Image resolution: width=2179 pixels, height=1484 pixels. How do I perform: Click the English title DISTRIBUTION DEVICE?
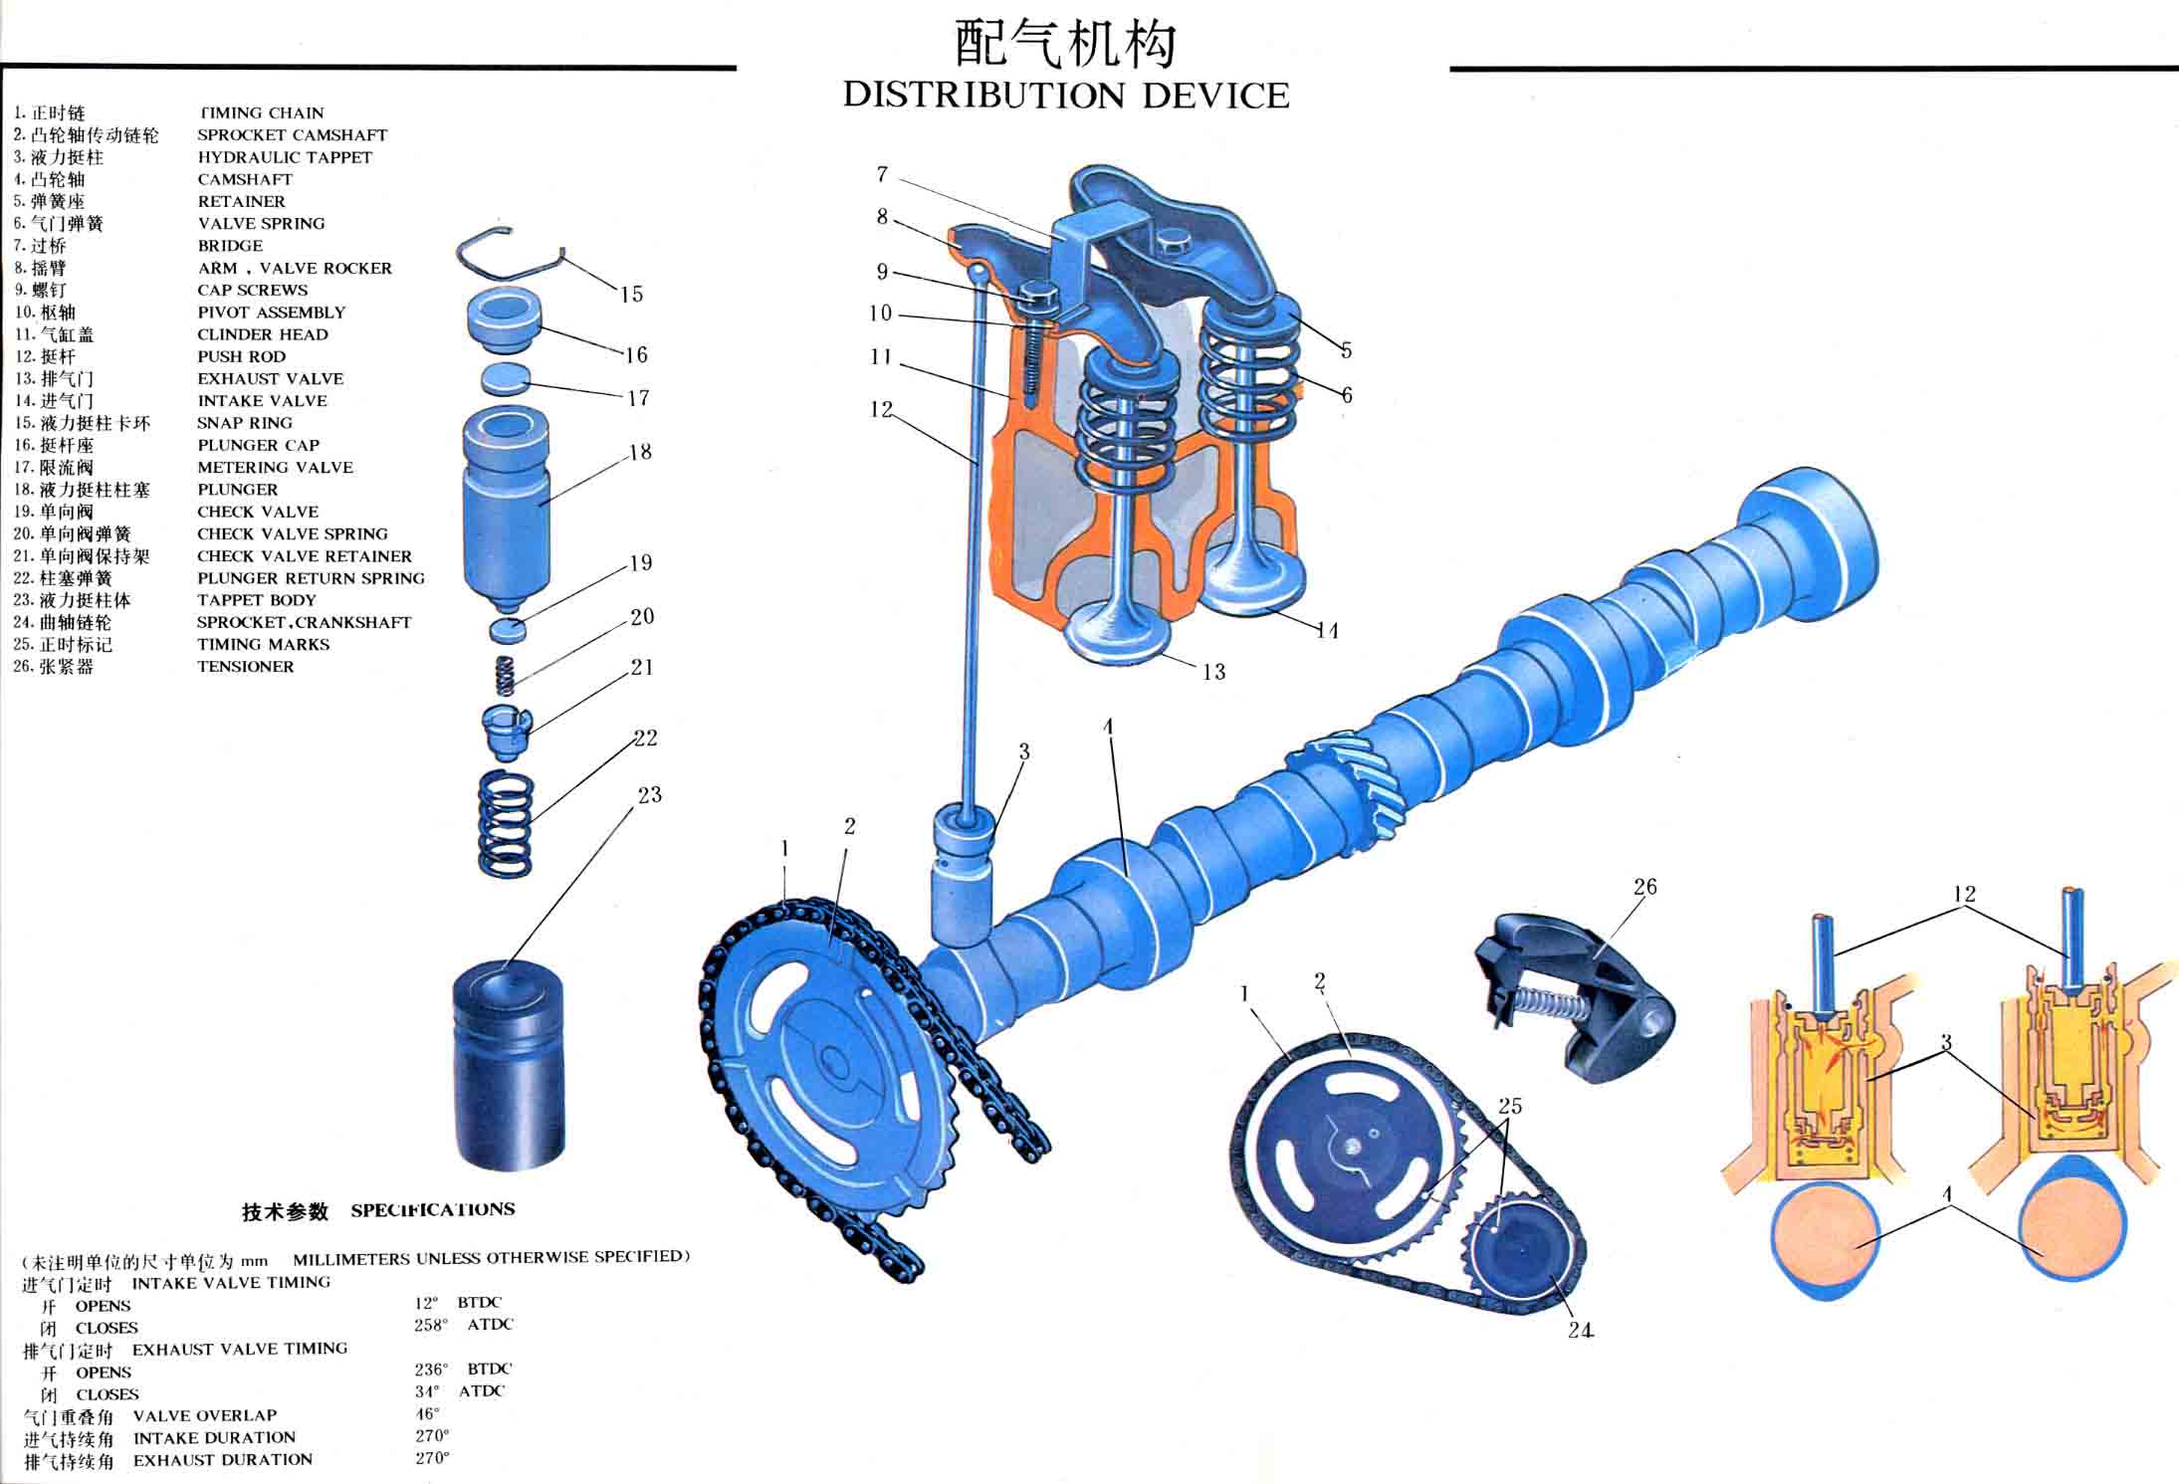click(1065, 96)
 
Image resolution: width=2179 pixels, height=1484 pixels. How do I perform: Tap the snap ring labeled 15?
click(508, 257)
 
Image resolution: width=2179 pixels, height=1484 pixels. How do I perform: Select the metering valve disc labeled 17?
click(505, 380)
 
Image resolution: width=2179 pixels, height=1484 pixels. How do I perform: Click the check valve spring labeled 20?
click(506, 676)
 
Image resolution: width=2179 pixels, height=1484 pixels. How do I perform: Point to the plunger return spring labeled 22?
click(506, 824)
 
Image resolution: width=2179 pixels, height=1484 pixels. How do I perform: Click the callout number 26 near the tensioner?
click(1644, 886)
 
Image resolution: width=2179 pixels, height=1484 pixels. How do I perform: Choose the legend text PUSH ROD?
click(241, 356)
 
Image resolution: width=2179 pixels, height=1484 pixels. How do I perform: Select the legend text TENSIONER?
click(245, 667)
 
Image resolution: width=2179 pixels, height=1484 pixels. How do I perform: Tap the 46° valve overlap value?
click(427, 1413)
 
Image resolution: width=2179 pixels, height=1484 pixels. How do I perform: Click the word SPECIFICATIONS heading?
click(433, 1210)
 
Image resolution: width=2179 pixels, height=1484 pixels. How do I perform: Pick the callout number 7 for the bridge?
click(882, 174)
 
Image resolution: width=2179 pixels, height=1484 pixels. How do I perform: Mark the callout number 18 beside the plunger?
click(640, 452)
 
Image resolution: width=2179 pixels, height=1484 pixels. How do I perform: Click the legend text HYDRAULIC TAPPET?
click(284, 157)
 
